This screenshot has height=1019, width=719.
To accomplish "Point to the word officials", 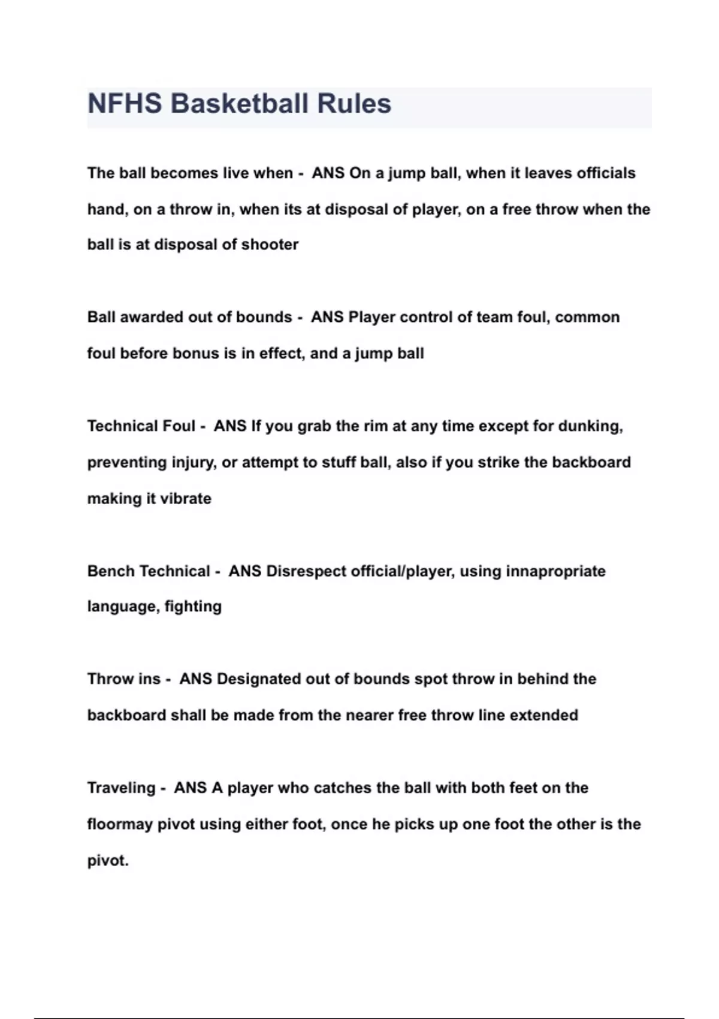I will pyautogui.click(x=606, y=173).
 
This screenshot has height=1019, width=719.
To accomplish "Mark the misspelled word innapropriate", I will pyautogui.click(x=555, y=571).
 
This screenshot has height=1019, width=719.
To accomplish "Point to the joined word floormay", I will pyautogui.click(x=120, y=825).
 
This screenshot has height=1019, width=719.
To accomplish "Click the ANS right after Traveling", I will pyautogui.click(x=190, y=788).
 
